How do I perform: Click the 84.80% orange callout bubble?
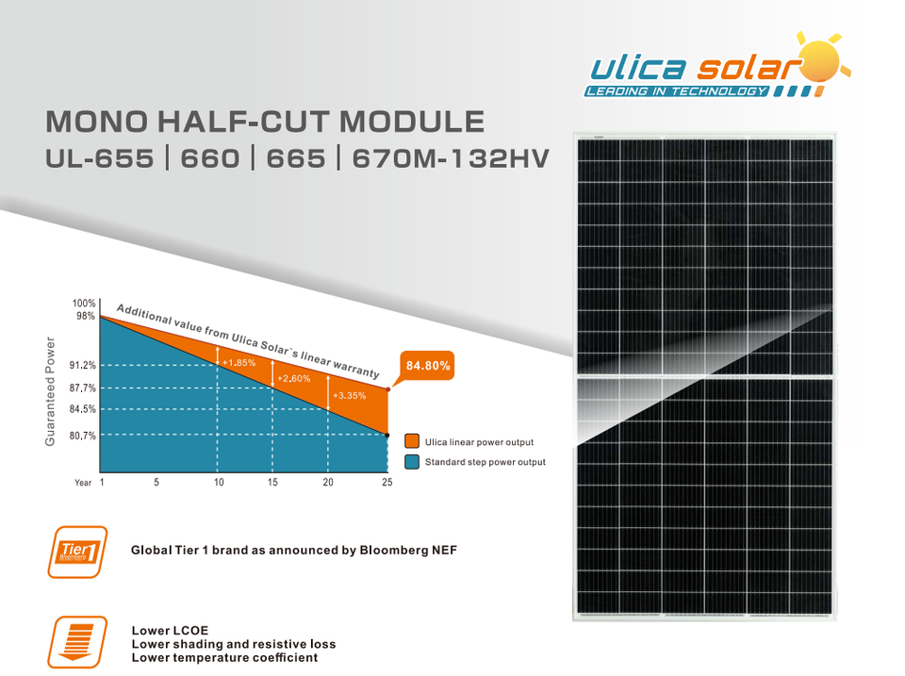point(427,366)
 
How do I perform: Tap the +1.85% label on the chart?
point(239,363)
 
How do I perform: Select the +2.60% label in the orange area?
point(294,379)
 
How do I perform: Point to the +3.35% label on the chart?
point(349,395)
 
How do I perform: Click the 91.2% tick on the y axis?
point(83,365)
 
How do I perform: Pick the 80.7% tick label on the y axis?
point(83,436)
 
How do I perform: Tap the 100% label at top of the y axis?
point(84,303)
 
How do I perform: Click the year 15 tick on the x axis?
point(272,482)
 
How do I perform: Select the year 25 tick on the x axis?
point(387,482)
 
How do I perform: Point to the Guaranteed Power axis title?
point(50,391)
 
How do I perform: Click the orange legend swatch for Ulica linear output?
point(412,441)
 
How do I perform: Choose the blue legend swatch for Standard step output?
point(412,462)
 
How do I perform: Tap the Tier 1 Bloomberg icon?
point(77,552)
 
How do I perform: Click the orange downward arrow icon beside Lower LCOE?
point(77,642)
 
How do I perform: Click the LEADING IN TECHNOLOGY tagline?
point(677,91)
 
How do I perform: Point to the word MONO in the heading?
point(97,122)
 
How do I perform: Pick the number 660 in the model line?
point(210,158)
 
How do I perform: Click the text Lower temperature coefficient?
point(224,657)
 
